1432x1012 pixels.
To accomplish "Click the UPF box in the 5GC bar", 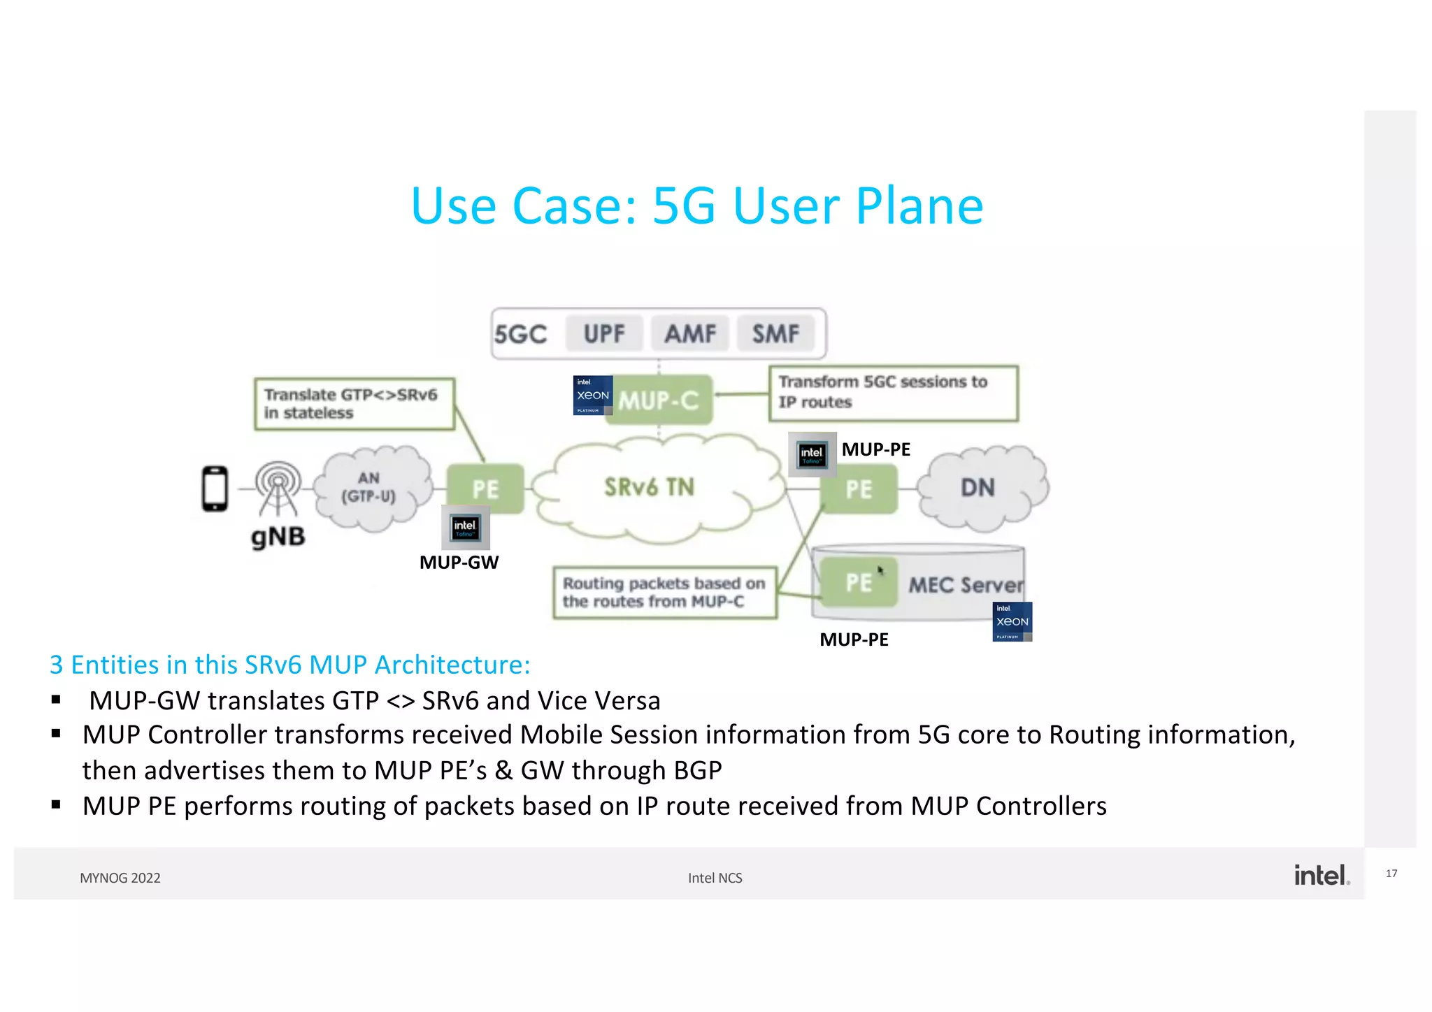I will tap(604, 333).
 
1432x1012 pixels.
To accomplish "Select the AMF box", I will tap(690, 333).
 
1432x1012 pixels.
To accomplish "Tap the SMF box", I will tap(775, 333).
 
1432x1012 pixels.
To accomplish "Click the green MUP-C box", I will tap(659, 400).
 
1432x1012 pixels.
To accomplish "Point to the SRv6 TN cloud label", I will tap(649, 487).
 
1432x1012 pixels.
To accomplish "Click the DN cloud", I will tap(979, 487).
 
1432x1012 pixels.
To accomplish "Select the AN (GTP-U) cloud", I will tap(369, 488).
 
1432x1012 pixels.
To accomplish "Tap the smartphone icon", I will tap(215, 489).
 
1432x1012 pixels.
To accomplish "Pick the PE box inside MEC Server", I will tap(859, 582).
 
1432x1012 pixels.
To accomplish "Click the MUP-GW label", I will tap(459, 562).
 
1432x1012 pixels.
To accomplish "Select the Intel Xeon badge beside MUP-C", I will tap(592, 395).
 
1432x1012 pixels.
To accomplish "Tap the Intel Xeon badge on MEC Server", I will tap(1012, 621).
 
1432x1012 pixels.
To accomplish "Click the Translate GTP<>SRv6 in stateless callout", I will tap(354, 404).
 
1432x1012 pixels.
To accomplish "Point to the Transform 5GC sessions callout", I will tap(893, 393).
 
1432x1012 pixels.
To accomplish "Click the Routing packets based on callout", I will tap(664, 593).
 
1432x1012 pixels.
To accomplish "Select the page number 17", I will tap(1391, 874).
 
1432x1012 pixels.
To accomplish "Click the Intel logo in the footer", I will tap(1320, 875).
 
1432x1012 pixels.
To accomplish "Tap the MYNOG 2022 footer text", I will tap(120, 878).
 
